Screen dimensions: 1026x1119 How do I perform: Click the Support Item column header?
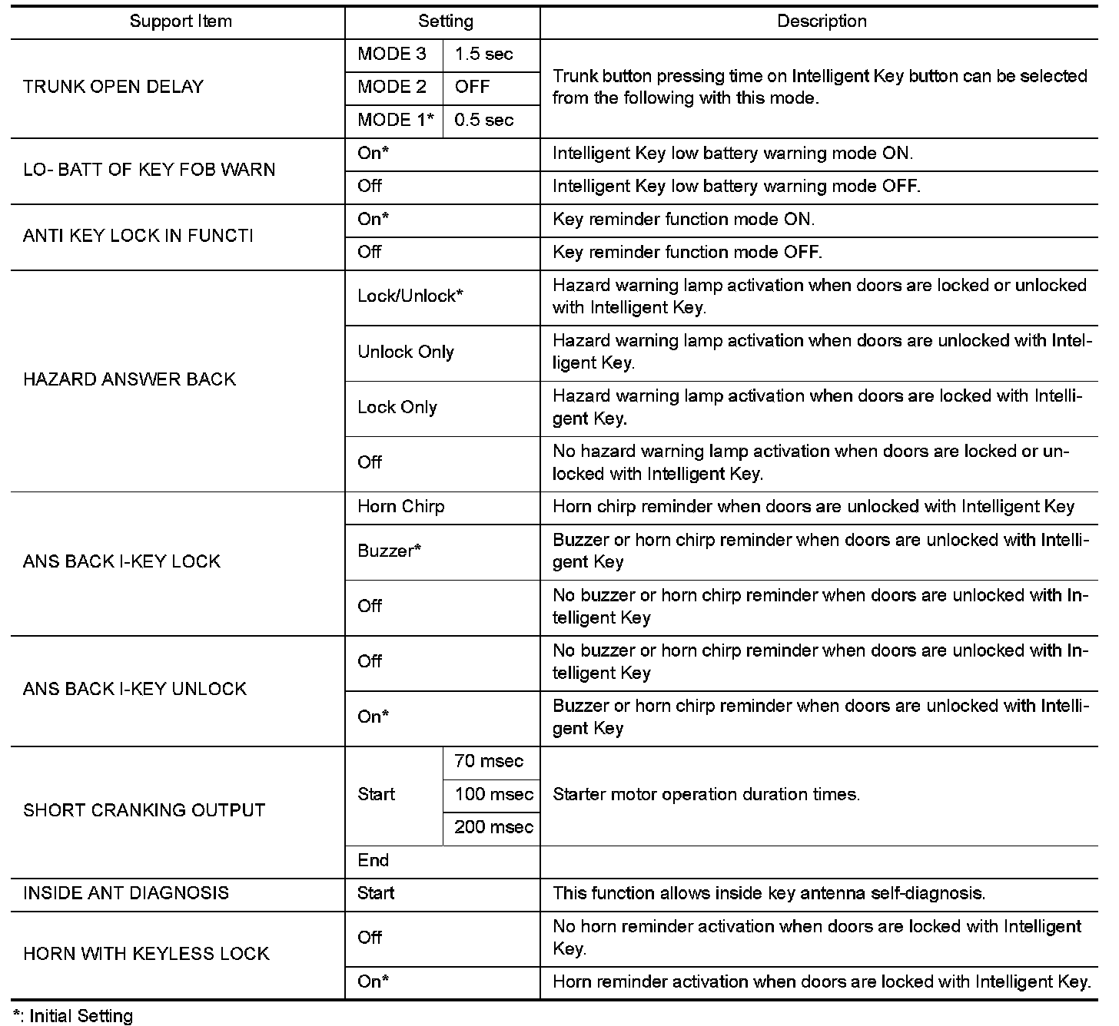point(181,22)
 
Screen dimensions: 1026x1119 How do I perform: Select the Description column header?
point(822,22)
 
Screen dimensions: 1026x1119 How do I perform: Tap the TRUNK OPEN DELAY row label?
point(113,87)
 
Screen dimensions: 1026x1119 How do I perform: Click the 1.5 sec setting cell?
point(483,55)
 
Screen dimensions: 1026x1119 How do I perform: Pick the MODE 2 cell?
point(392,88)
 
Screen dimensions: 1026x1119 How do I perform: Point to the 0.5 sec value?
point(483,121)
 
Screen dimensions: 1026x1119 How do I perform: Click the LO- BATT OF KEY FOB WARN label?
point(149,170)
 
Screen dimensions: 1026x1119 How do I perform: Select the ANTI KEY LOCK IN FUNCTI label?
point(138,236)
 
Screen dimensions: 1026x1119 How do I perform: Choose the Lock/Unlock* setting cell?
point(410,296)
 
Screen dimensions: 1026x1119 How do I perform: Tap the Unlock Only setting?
point(406,352)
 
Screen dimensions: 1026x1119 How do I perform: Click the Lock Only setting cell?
point(397,408)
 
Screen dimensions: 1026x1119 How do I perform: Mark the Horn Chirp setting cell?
point(400,507)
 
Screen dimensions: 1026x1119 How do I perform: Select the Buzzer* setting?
point(389,551)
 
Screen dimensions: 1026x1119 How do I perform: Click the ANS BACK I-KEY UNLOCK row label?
point(134,689)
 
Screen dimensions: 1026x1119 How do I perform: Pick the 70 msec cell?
point(489,761)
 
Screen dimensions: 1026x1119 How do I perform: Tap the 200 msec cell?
point(493,827)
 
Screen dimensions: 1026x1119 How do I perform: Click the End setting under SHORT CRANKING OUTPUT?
point(374,860)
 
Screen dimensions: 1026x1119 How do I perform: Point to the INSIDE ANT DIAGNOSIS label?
point(126,893)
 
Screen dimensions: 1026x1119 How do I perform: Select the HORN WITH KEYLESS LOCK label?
point(146,954)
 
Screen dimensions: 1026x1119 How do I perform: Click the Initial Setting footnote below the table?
point(74,1016)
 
